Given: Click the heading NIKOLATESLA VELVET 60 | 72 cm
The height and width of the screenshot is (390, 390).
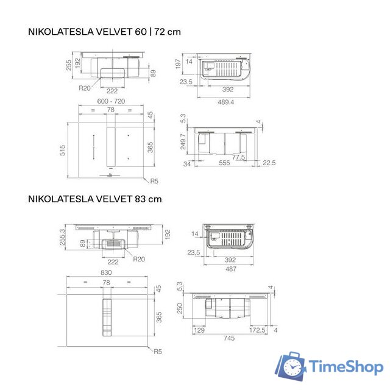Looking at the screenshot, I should [104, 32].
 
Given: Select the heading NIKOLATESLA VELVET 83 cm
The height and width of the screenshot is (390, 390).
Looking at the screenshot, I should [94, 199].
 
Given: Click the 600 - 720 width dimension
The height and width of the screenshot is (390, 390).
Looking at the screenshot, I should [111, 101].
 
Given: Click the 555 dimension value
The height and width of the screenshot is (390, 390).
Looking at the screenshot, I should [225, 164].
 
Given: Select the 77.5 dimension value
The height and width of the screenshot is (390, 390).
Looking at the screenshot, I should [238, 157].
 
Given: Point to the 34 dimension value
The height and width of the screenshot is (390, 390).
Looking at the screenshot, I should [187, 164].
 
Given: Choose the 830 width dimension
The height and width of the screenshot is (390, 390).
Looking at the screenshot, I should [107, 272].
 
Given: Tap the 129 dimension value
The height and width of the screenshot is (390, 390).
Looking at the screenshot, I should [199, 330].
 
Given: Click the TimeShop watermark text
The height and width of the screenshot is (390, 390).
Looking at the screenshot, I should [346, 367].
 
